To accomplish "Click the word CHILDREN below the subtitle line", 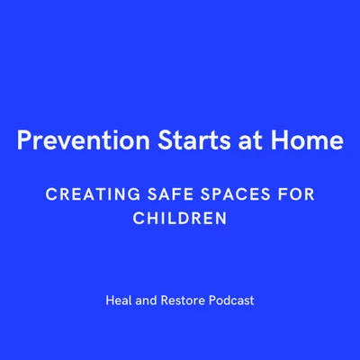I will (x=180, y=218).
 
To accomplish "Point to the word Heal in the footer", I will (x=119, y=301).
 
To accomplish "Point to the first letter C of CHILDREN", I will (x=137, y=218).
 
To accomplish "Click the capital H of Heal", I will (x=109, y=301).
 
